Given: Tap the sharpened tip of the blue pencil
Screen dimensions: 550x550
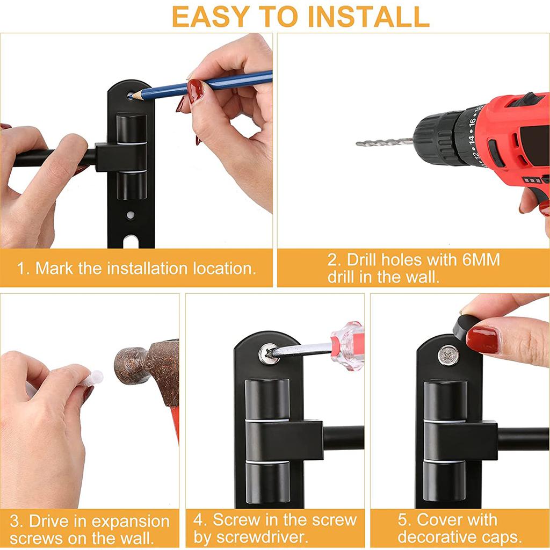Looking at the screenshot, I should (x=132, y=96).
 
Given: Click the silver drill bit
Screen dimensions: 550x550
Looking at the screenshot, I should (x=384, y=142).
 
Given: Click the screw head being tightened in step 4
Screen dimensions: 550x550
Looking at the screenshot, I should (x=268, y=353).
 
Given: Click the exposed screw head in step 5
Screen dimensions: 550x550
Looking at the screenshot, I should (x=448, y=355).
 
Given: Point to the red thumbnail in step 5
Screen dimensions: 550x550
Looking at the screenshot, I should (x=482, y=340).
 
